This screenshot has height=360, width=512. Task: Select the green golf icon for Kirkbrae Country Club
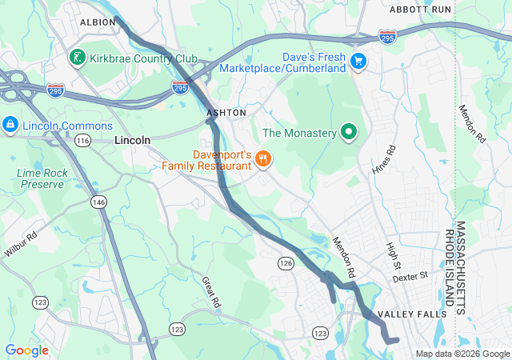tap(77, 58)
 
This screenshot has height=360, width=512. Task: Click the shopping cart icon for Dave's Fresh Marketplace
tap(358, 60)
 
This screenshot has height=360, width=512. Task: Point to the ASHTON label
tap(226, 114)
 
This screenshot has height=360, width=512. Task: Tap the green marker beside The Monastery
tap(348, 132)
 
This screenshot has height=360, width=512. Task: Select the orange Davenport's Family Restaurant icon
tap(262, 159)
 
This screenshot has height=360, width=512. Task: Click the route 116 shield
tap(82, 140)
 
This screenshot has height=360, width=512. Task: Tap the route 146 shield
tap(98, 202)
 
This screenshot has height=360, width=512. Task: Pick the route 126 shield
tap(286, 262)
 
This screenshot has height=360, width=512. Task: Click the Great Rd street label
tap(210, 293)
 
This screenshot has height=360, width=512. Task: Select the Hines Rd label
tap(384, 160)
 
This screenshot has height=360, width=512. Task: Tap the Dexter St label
tap(410, 277)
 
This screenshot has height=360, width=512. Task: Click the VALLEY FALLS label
tap(412, 314)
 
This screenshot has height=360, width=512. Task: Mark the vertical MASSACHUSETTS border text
tap(460, 264)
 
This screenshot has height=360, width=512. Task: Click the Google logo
tap(26, 350)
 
